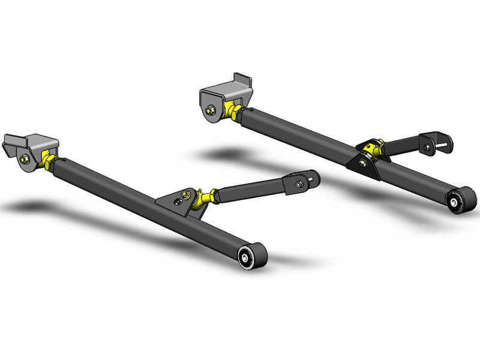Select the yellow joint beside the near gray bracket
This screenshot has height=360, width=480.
click(46, 160)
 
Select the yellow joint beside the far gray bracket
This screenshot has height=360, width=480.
click(233, 112)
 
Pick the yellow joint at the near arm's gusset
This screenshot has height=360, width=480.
click(206, 196)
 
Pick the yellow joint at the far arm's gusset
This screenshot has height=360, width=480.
click(375, 148)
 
